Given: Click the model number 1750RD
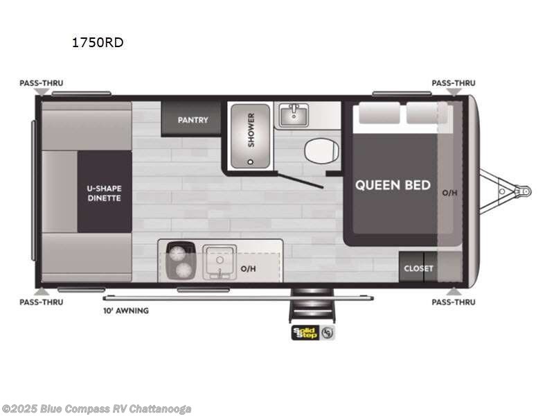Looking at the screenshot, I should pyautogui.click(x=98, y=43).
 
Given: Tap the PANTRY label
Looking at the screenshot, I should pyautogui.click(x=193, y=120).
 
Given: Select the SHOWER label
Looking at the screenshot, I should pyautogui.click(x=251, y=130).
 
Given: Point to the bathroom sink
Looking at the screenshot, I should pyautogui.click(x=295, y=114).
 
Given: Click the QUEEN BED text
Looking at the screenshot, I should pyautogui.click(x=393, y=185).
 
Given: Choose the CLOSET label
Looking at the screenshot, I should pyautogui.click(x=418, y=268).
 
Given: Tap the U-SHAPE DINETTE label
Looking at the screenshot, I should pyautogui.click(x=104, y=192).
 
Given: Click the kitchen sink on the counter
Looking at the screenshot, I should pyautogui.click(x=220, y=262).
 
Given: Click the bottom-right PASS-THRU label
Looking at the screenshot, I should pyautogui.click(x=454, y=302).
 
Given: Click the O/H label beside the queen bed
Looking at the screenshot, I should pyautogui.click(x=449, y=192).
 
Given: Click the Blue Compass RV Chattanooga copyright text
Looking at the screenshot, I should pyautogui.click(x=97, y=409).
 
